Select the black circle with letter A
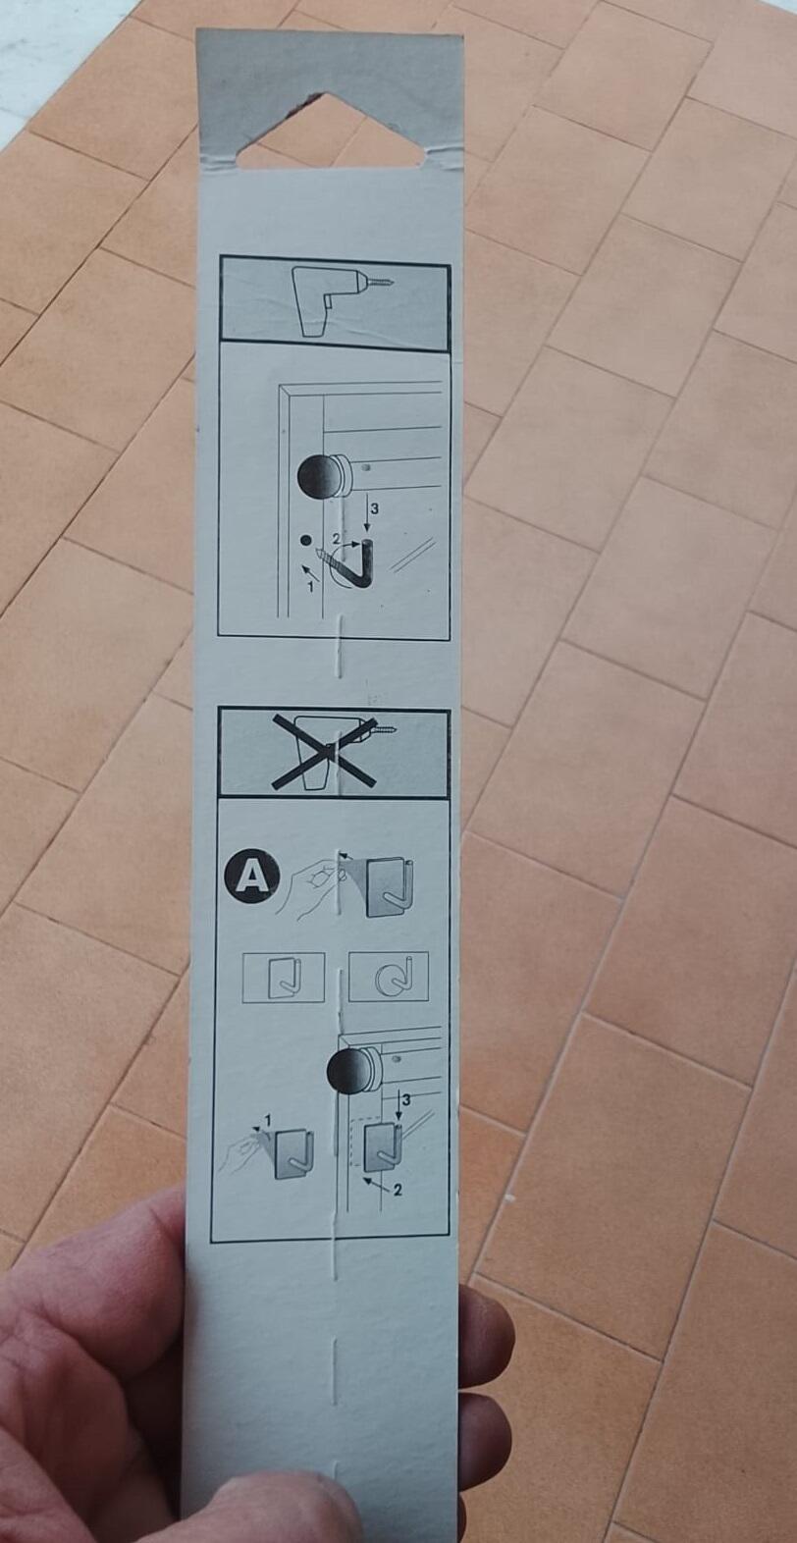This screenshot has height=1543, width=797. pos(252,875)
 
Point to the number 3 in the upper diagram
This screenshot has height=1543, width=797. pos(373,509)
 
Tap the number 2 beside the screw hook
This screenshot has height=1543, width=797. pos(336,539)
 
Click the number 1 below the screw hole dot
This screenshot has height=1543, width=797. pos(311,586)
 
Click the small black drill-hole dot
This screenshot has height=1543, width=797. pos(305,540)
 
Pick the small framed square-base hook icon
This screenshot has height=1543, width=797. pos(283,978)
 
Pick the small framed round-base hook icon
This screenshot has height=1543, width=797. pos(388,977)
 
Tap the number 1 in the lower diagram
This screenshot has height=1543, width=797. pos(266,1120)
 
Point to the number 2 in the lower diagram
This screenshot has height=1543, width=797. pos(397,1191)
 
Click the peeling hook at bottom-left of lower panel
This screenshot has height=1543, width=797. pos(292,1154)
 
